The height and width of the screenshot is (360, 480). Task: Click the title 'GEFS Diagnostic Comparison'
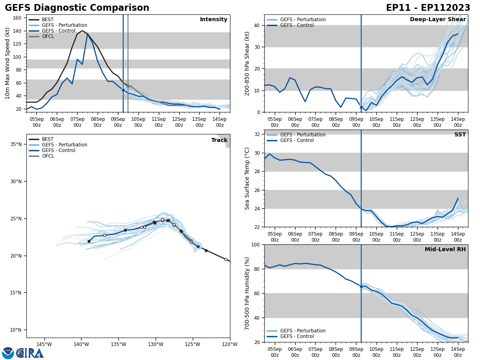(77, 8)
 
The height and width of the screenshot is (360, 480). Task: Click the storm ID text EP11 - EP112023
(428, 8)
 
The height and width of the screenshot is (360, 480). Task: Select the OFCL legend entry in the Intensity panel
(48, 36)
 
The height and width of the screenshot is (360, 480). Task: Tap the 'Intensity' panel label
(214, 20)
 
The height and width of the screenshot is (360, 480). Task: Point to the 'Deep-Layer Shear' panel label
(438, 20)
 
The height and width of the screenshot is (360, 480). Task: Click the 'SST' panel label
(460, 135)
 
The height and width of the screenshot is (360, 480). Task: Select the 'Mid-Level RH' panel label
(445, 250)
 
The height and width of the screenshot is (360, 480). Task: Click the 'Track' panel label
(219, 140)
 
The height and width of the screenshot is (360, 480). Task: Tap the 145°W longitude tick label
(44, 344)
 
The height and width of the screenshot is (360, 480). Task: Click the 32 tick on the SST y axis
(258, 134)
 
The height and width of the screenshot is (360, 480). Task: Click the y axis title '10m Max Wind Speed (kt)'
(8, 63)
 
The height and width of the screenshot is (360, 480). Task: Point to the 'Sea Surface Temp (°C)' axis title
(247, 178)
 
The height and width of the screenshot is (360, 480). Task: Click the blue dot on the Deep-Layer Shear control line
(361, 107)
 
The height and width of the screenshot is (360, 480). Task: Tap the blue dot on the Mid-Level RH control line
(361, 286)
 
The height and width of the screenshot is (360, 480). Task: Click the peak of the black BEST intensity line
(82, 31)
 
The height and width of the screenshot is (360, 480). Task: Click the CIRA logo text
(30, 353)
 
